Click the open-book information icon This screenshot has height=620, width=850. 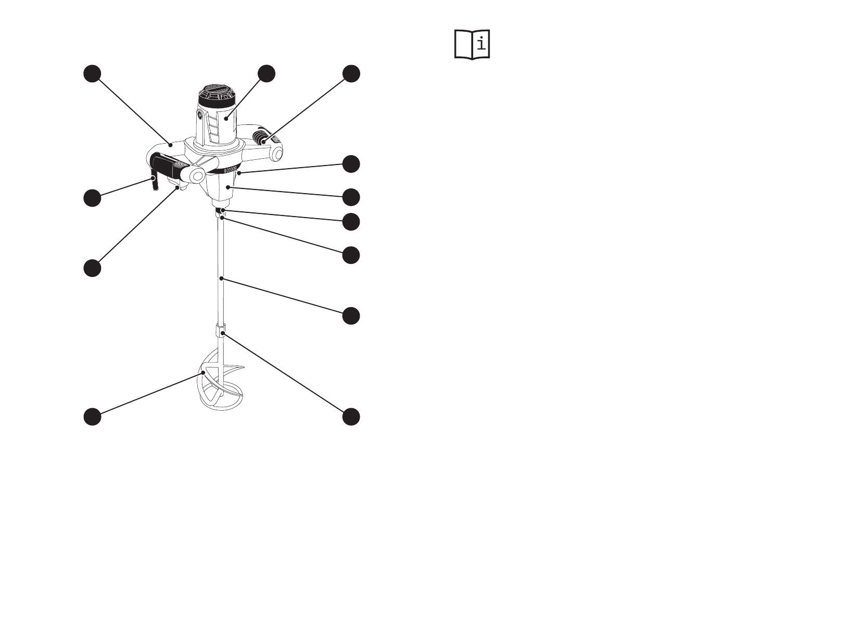[472, 44]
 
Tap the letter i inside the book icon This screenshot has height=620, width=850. [481, 43]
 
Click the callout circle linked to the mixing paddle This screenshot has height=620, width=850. [92, 417]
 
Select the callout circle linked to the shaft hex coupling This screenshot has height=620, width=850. [351, 417]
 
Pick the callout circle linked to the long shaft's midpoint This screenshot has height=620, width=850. [351, 316]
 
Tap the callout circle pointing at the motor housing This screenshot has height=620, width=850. [267, 73]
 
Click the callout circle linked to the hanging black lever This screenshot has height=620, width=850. [92, 198]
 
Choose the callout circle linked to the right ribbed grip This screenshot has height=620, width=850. [351, 73]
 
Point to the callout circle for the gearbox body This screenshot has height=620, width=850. [351, 197]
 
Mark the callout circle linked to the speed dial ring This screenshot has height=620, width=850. [351, 163]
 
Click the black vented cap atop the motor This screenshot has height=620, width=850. [216, 97]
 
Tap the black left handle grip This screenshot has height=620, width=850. [168, 166]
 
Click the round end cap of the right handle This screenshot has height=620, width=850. [277, 153]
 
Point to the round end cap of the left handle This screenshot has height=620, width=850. [197, 175]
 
